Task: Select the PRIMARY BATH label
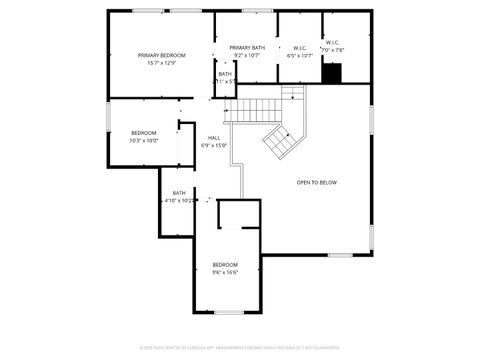point(247,47)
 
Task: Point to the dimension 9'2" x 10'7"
point(247,55)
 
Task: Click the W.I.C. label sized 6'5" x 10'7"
point(300,47)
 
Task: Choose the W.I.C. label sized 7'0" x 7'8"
point(332,43)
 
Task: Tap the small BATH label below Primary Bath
point(225,73)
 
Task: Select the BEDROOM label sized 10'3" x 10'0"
point(144,133)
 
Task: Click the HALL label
point(214,137)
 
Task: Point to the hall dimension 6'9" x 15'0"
point(214,145)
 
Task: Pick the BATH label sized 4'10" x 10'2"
point(179,192)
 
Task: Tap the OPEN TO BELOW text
point(316,182)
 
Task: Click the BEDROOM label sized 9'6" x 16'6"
point(225,264)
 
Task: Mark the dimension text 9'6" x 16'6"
point(225,272)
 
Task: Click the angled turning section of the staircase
point(280,141)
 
